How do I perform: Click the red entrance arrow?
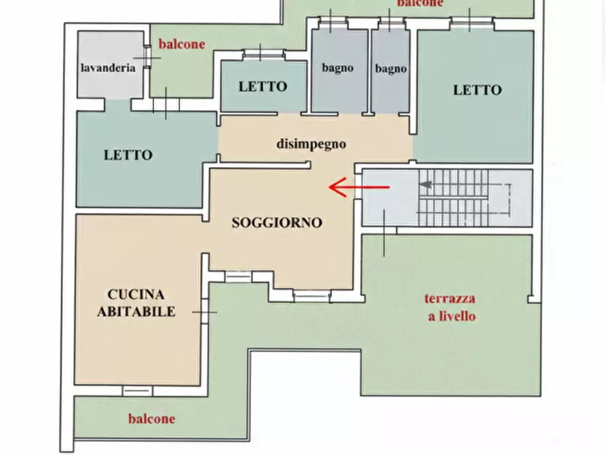coord(359,187)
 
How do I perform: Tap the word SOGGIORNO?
coord(277,222)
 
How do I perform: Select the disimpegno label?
coord(311,144)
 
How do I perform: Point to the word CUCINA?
coord(136,295)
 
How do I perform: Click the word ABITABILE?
coord(136,312)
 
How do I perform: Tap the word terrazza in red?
coord(450,298)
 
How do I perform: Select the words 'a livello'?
coord(451,316)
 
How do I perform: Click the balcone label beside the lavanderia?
coord(181,44)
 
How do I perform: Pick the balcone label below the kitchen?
coord(151,418)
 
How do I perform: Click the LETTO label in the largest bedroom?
coord(477,90)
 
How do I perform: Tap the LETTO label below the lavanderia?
coord(128,155)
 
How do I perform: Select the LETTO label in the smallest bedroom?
coord(263,87)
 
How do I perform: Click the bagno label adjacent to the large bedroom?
coord(391,69)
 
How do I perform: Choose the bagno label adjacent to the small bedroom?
coord(337,68)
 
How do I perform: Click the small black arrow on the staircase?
coord(426,183)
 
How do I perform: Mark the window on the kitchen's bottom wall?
coord(137,390)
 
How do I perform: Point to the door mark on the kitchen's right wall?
coord(204,312)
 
